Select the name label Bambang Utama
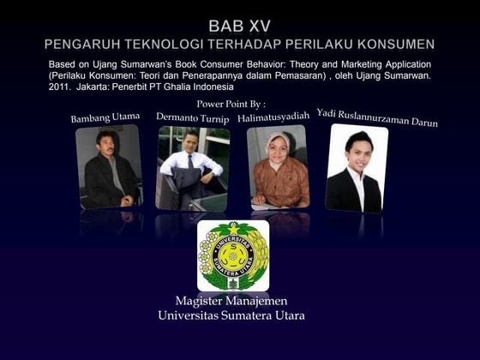pos(105,117)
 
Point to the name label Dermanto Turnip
pos(193,116)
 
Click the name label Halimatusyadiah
pos(273,116)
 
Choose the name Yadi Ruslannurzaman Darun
pos(377,117)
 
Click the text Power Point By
pos(231,103)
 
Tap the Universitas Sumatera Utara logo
pos(232,255)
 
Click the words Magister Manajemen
pos(231,301)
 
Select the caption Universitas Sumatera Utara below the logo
pos(231,315)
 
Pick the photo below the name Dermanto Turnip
pos(192,167)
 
